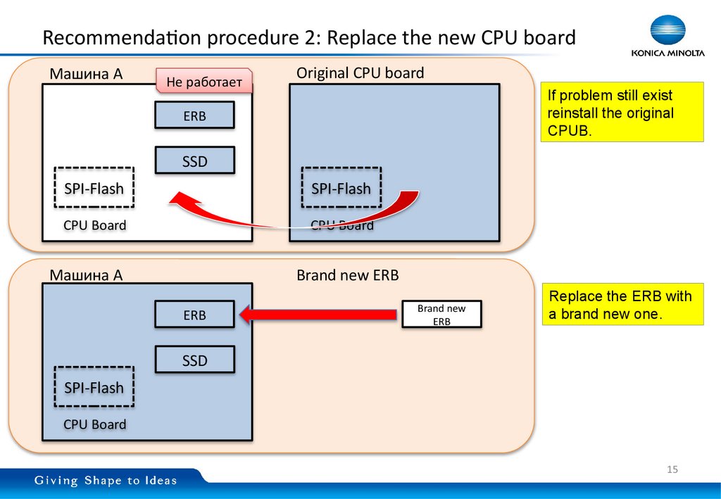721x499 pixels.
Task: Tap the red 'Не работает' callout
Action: [203, 83]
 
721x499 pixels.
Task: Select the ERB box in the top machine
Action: [194, 116]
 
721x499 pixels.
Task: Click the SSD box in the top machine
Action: [194, 161]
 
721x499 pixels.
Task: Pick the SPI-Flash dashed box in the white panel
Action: [94, 188]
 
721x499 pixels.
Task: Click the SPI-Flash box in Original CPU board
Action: [341, 188]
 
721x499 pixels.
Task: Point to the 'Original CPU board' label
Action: [360, 73]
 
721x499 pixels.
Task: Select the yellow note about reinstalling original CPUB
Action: [622, 113]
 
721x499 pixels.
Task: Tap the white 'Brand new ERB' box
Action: [441, 315]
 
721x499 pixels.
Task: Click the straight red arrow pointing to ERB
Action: [317, 315]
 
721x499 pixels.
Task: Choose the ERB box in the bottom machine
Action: [194, 315]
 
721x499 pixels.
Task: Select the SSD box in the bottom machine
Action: [194, 360]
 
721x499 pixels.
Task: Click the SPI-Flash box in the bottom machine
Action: [94, 387]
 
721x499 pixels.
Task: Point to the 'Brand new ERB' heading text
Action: [347, 275]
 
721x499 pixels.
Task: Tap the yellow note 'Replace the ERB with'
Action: [622, 305]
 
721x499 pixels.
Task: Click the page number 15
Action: [672, 469]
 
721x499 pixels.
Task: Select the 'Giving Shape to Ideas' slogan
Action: [106, 481]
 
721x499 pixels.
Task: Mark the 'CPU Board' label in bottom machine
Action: [94, 424]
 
